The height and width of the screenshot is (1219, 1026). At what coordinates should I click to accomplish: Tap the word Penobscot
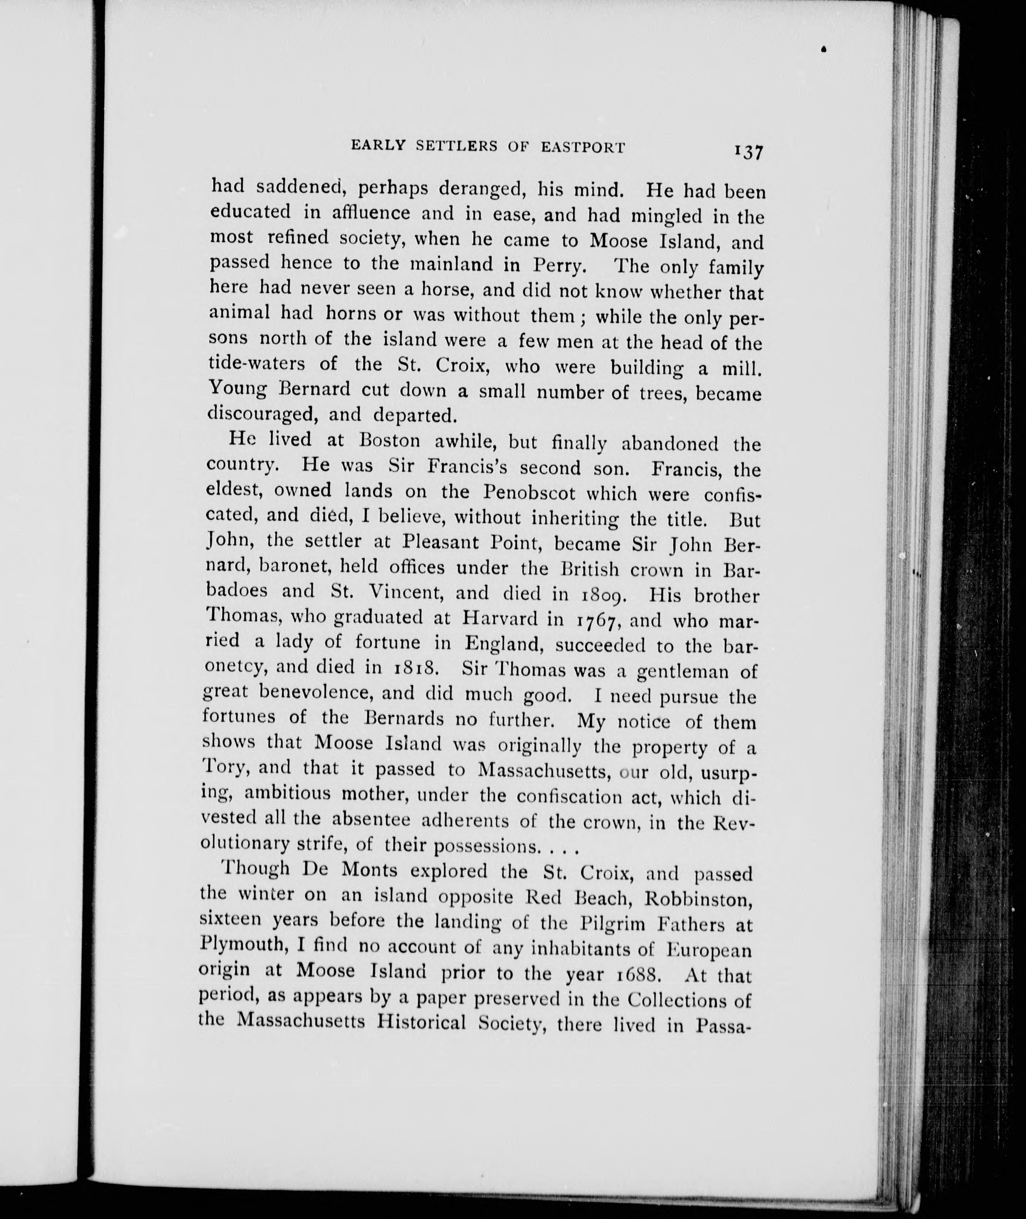coord(529,493)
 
